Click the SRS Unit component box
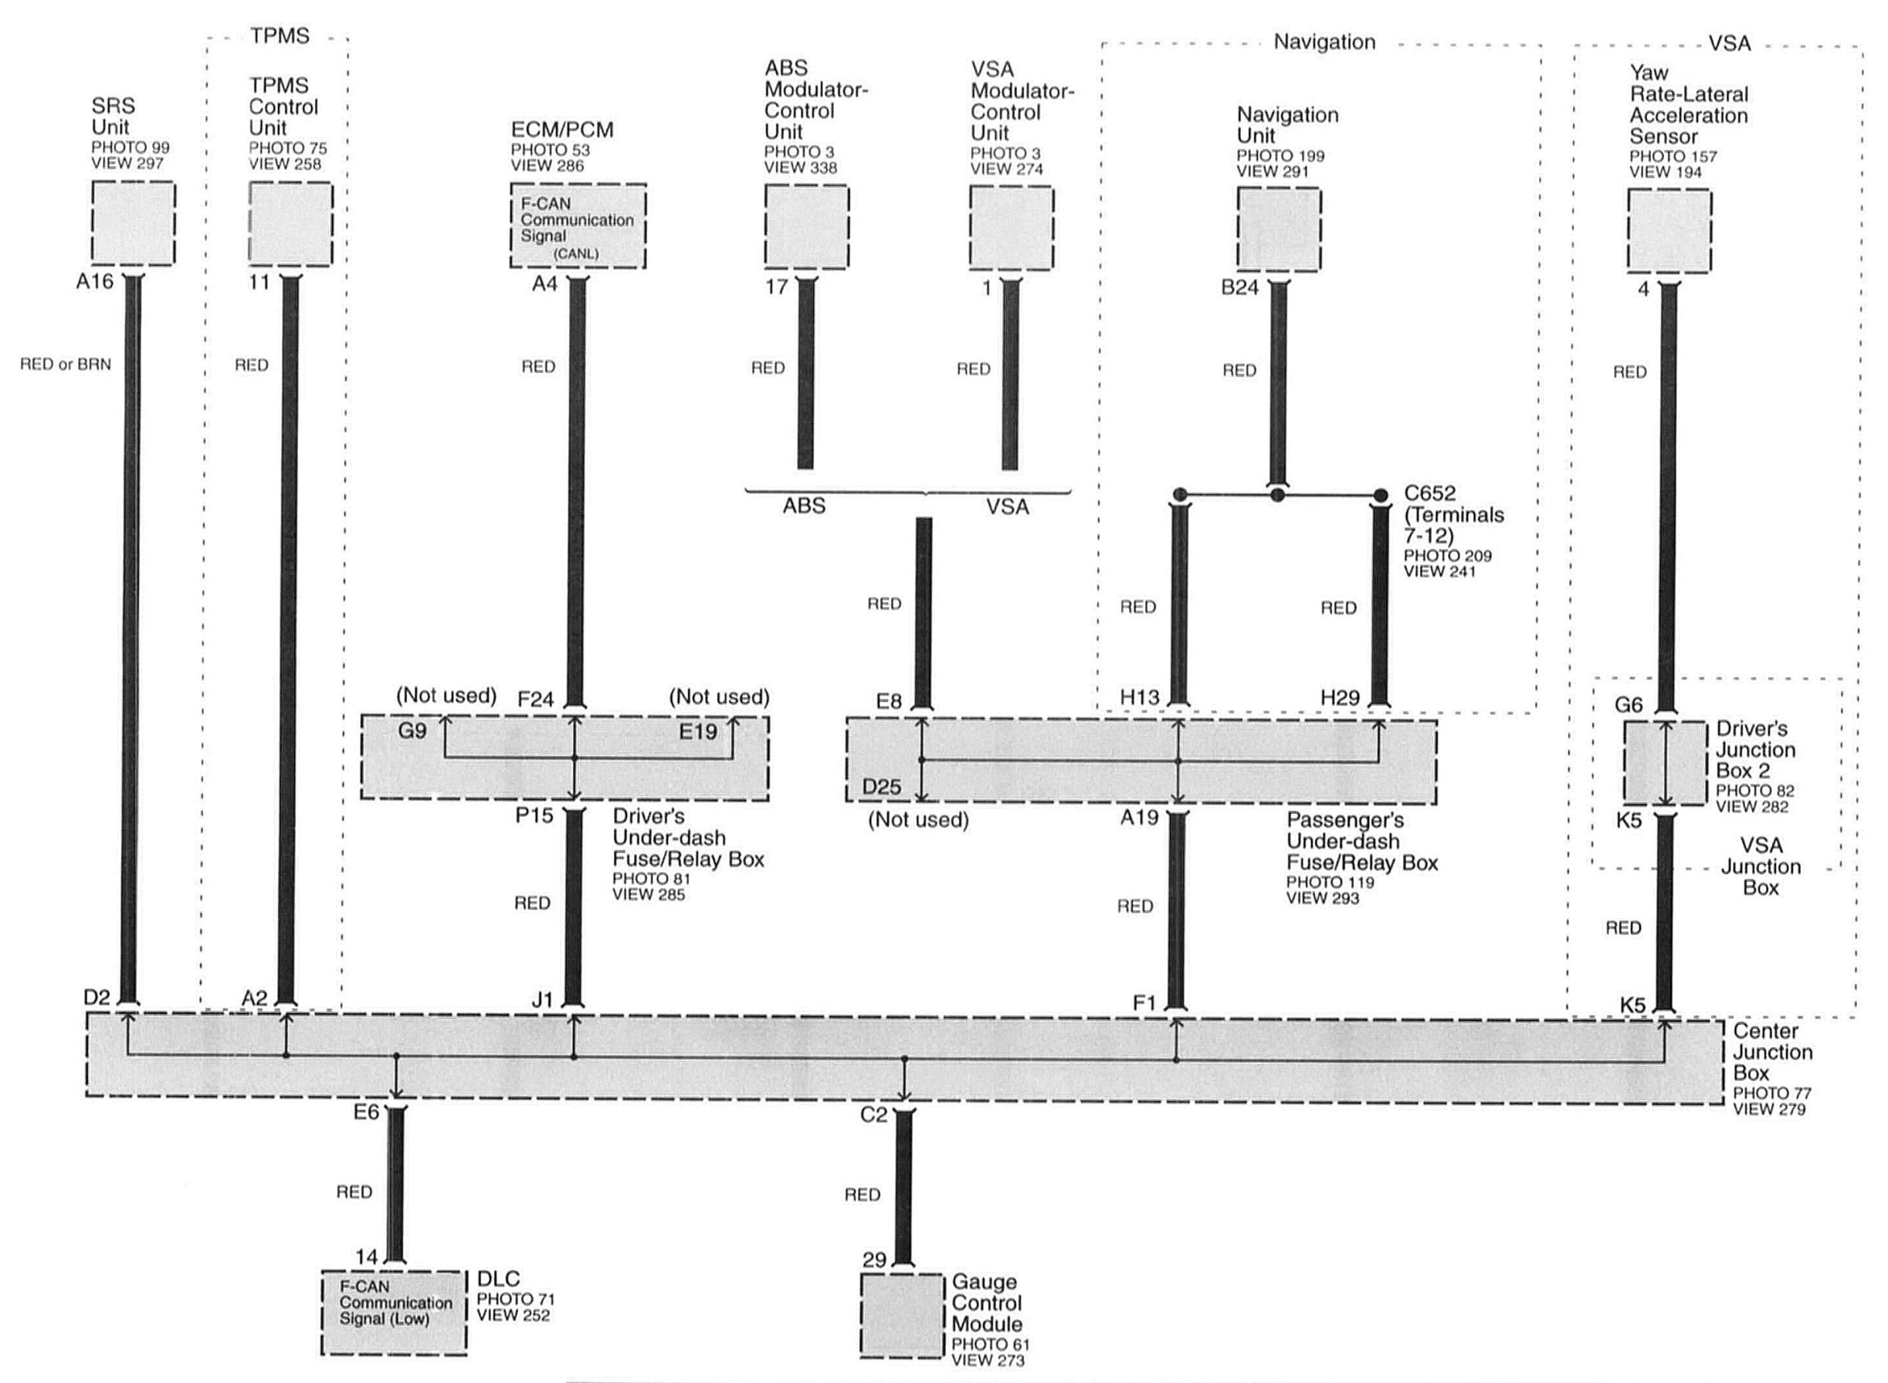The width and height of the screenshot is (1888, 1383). [133, 223]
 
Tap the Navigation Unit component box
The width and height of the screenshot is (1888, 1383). [1279, 229]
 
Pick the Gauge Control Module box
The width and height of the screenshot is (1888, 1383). [902, 1316]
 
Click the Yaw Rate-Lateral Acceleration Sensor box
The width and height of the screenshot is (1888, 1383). [1669, 230]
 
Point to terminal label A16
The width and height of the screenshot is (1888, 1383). [95, 282]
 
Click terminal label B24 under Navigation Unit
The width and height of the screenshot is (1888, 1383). [1239, 288]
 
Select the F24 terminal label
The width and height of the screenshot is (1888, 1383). [536, 699]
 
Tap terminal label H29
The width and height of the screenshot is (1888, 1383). [1340, 697]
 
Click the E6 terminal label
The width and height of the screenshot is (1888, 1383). [366, 1113]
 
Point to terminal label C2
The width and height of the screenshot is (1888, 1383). [873, 1115]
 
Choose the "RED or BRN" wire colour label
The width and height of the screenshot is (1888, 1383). [66, 364]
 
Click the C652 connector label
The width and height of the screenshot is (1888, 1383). [1430, 494]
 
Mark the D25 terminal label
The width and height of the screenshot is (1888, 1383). [882, 787]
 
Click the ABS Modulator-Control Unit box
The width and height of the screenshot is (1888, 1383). [806, 226]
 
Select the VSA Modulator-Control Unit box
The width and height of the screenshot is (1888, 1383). [1012, 228]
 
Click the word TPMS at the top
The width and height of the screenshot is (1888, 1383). [280, 36]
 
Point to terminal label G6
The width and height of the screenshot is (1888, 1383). [1629, 705]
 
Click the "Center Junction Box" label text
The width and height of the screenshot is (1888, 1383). [1771, 1053]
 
